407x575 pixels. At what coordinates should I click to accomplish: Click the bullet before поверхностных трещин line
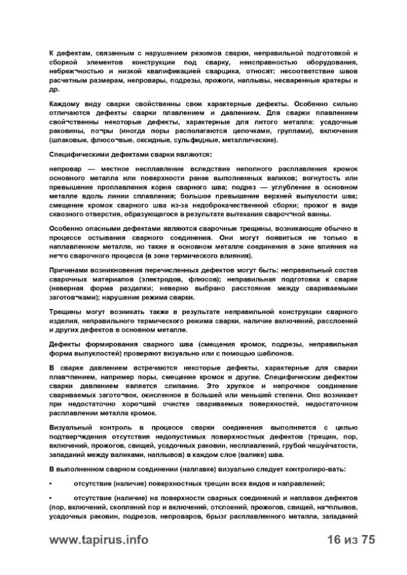tap(52, 482)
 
